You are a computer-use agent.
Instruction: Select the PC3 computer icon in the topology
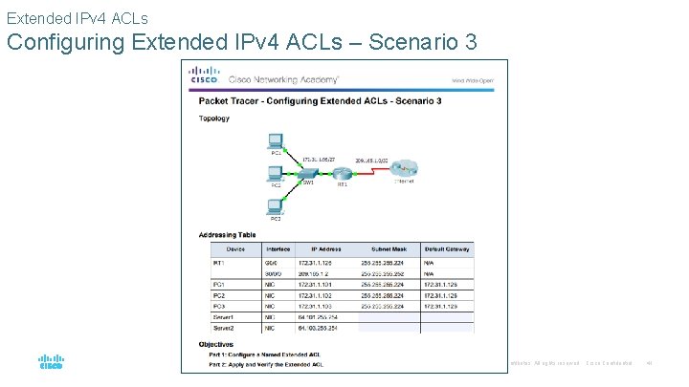[x=276, y=206]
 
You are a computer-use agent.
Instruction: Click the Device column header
[x=235, y=249]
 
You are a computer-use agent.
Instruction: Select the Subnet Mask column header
[x=389, y=249]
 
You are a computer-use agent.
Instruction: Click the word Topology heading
[x=213, y=118]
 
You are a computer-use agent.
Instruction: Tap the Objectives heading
[x=216, y=343]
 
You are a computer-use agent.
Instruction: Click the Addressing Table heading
[x=227, y=234]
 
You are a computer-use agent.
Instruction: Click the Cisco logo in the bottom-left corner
[x=51, y=362]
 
